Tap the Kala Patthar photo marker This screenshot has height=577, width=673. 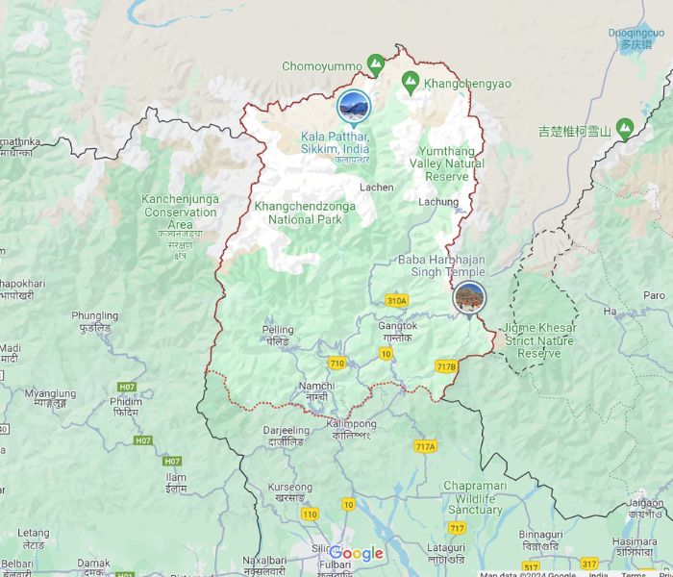[354, 107]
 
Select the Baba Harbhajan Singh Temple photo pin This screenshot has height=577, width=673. [469, 297]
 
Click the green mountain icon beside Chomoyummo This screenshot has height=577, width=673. [376, 65]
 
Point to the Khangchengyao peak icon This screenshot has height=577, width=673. [411, 83]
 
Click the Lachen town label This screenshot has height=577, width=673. [376, 188]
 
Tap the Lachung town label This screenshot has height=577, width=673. [438, 202]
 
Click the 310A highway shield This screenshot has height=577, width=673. [396, 301]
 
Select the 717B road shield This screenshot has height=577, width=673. [446, 366]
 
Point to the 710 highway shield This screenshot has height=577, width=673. [336, 363]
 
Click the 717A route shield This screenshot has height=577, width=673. [425, 446]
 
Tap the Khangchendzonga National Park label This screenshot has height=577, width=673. [305, 213]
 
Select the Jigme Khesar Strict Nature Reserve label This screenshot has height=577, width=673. [539, 340]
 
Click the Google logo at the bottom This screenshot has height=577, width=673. [357, 553]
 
